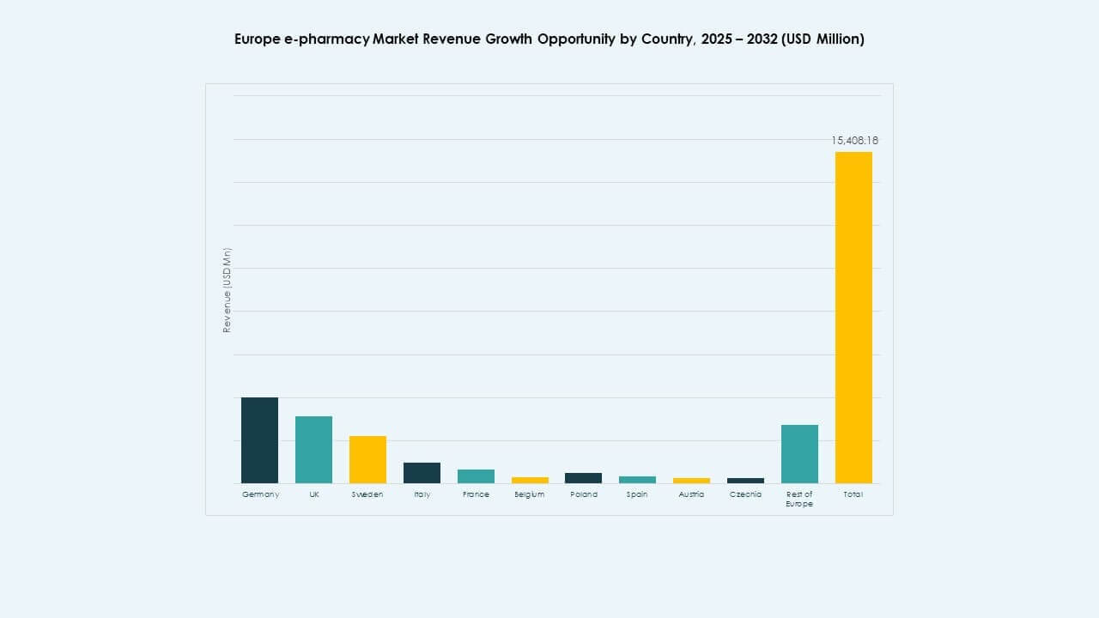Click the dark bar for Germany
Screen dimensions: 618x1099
pyautogui.click(x=259, y=440)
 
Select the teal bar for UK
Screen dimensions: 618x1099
pyautogui.click(x=313, y=450)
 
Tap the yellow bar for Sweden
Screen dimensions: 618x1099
pyautogui.click(x=367, y=460)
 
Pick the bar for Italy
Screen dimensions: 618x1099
pyautogui.click(x=422, y=473)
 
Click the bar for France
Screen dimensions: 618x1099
pyautogui.click(x=476, y=476)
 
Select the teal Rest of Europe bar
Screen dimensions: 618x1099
pyautogui.click(x=799, y=454)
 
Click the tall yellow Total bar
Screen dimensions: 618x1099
pyautogui.click(x=853, y=318)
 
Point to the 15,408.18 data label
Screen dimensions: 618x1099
pyautogui.click(x=854, y=140)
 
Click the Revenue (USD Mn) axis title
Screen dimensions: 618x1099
pyautogui.click(x=228, y=290)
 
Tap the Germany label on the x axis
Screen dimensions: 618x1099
pyautogui.click(x=260, y=494)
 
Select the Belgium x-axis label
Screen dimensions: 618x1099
pyautogui.click(x=529, y=494)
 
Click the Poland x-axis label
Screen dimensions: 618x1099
pyautogui.click(x=584, y=494)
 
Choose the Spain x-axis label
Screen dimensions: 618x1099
pyautogui.click(x=637, y=494)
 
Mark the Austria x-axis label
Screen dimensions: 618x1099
pyautogui.click(x=691, y=494)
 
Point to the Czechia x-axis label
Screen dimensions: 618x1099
pyautogui.click(x=745, y=494)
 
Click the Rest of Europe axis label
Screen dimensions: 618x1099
pyautogui.click(x=799, y=499)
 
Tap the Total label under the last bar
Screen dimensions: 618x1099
pyautogui.click(x=853, y=494)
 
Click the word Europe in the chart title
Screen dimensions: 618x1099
pyautogui.click(x=257, y=39)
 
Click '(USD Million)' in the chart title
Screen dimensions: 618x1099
pyautogui.click(x=822, y=39)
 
